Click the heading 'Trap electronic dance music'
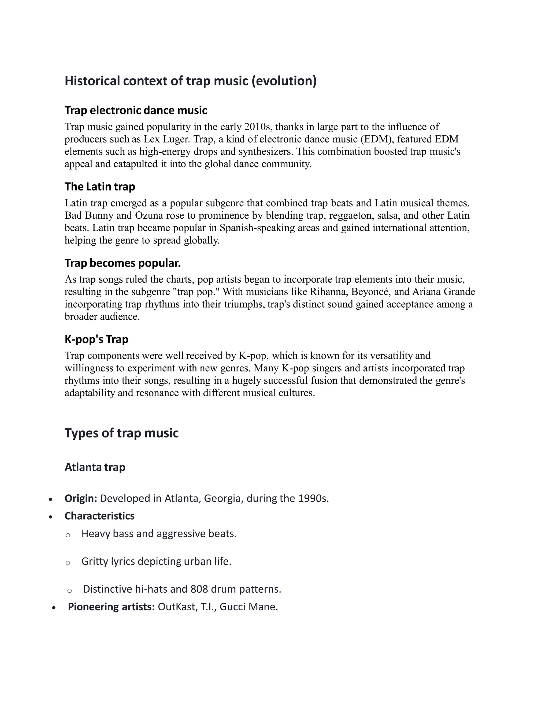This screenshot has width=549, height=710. point(136,111)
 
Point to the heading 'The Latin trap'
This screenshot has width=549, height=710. point(99,186)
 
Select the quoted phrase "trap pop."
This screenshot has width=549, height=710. point(203,292)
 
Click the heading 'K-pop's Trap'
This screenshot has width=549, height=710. point(96,339)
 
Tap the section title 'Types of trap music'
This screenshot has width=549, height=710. point(122,433)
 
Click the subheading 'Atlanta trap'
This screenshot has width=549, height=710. point(95,467)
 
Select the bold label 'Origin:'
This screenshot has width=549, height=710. point(81,498)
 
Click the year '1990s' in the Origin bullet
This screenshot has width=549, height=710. point(312,498)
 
